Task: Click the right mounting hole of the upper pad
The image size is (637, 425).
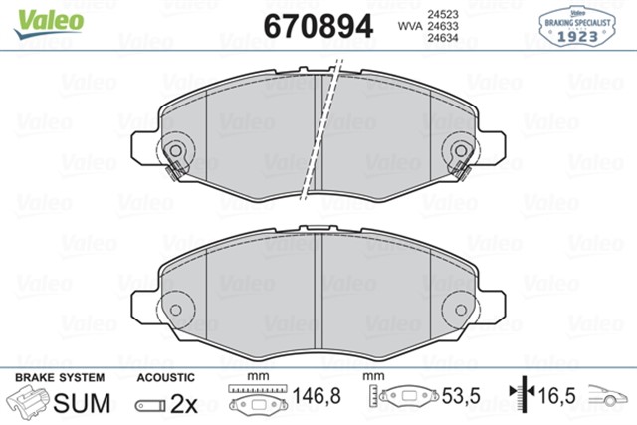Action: [x=461, y=153]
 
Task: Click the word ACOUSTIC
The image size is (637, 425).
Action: [x=164, y=378]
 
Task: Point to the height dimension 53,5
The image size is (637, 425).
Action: [x=461, y=397]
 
